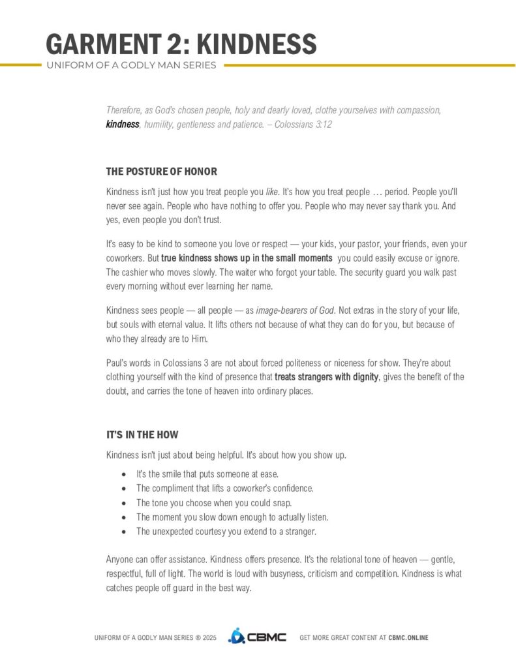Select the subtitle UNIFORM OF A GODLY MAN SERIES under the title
pos(131,65)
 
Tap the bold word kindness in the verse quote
pos(123,124)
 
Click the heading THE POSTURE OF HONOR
pos(161,172)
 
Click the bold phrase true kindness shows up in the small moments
pos(247,258)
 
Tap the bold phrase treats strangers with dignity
pos(326,378)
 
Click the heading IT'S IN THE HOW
pos(142,434)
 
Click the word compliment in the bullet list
pos(172,488)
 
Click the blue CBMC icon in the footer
pos(235,636)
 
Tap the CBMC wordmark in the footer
pos(266,637)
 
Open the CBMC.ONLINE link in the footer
pos(408,637)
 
